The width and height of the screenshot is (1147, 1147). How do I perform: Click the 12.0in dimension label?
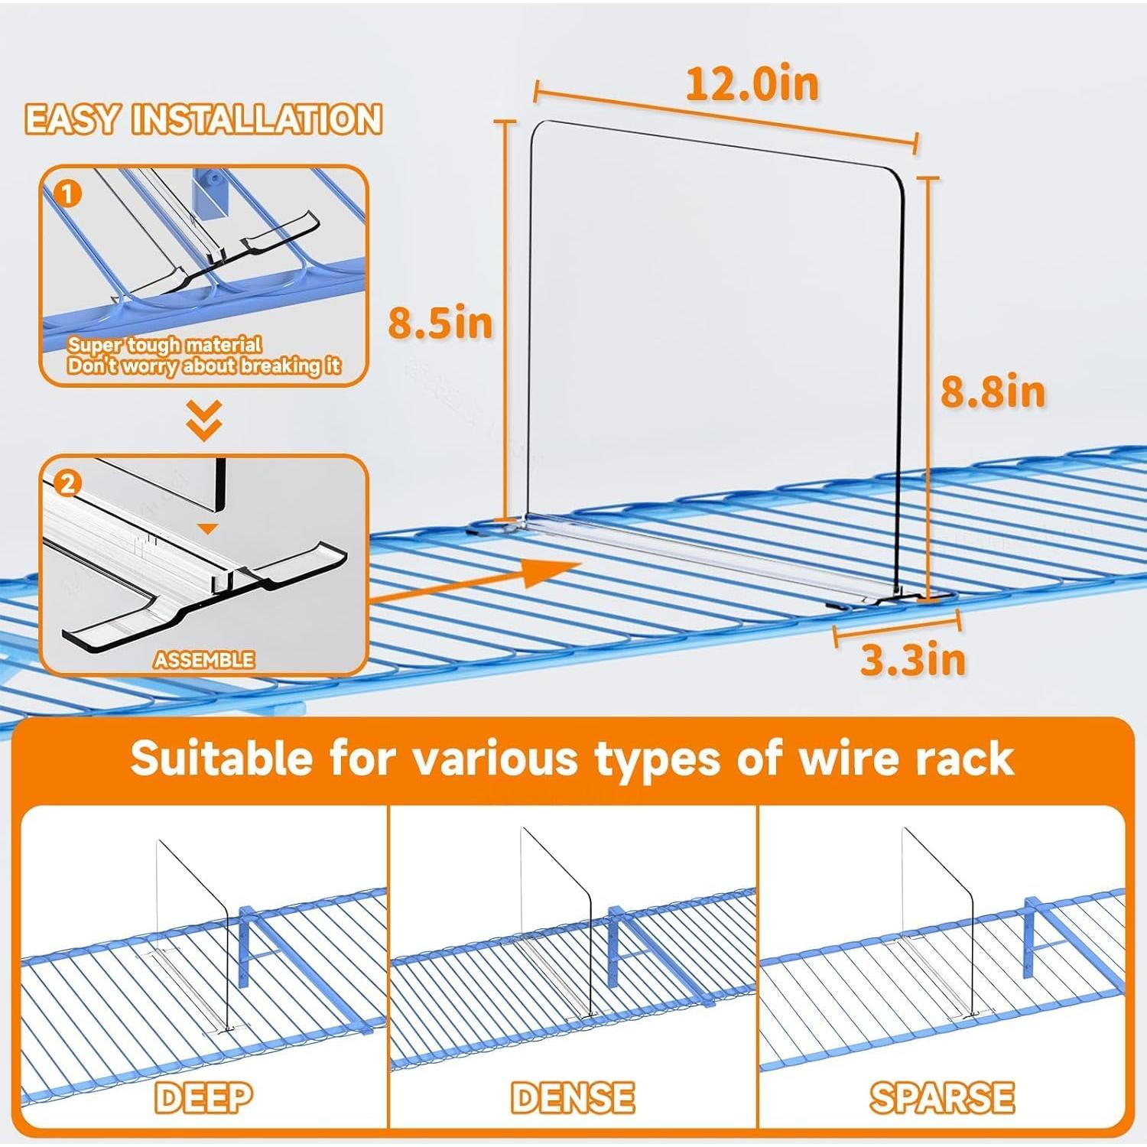[x=752, y=84]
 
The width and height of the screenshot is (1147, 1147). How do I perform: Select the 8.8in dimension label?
[x=992, y=392]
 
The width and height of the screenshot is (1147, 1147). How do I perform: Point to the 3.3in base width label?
[x=912, y=659]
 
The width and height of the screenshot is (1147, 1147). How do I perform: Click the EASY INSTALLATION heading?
[x=203, y=120]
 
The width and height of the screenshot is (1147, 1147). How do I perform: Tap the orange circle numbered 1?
[x=68, y=194]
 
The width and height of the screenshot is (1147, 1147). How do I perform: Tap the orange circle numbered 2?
[x=68, y=483]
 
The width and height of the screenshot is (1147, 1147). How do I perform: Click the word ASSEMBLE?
[x=203, y=659]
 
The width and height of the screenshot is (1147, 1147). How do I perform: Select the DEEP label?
[x=203, y=1098]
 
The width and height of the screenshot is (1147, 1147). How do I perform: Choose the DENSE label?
[x=573, y=1098]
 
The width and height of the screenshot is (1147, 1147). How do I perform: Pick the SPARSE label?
[x=941, y=1098]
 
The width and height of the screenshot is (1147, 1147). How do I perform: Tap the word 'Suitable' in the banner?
[x=222, y=759]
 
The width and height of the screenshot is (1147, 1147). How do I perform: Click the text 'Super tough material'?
[x=164, y=345]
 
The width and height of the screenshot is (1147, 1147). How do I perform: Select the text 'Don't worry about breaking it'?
[x=203, y=366]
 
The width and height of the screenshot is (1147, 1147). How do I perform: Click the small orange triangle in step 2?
[x=208, y=528]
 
